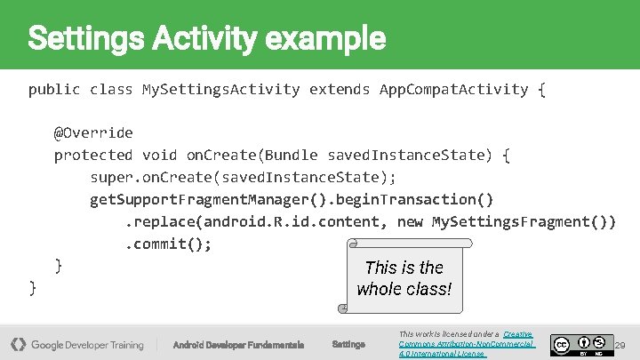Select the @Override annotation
(93, 132)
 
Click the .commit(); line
(168, 244)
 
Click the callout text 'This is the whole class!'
(404, 278)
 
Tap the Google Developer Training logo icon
(18, 344)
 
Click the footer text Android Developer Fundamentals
(238, 344)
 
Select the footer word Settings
(348, 344)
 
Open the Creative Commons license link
(466, 343)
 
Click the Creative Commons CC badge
(561, 343)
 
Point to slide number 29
(620, 344)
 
